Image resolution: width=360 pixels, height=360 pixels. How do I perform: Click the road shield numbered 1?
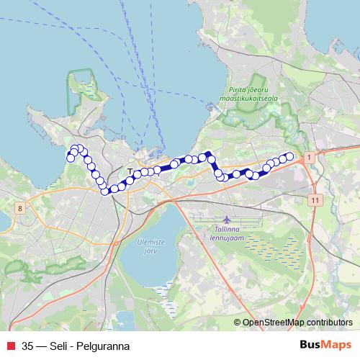tap(308, 156)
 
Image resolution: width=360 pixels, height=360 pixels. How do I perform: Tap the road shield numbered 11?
tap(315, 198)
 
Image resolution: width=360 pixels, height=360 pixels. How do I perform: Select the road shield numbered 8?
tap(20, 208)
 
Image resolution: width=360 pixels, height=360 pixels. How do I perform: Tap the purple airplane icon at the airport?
tap(228, 218)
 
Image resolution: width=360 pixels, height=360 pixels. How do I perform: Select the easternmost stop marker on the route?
tap(290, 156)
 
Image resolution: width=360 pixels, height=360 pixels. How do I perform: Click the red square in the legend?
tap(9, 345)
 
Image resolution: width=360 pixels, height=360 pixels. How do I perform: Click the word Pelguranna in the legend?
tap(105, 345)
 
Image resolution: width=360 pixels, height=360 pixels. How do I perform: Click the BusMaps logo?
tap(326, 344)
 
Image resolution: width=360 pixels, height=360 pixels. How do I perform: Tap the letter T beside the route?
tap(130, 171)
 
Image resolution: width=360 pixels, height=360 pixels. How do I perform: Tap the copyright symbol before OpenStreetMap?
tap(238, 323)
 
